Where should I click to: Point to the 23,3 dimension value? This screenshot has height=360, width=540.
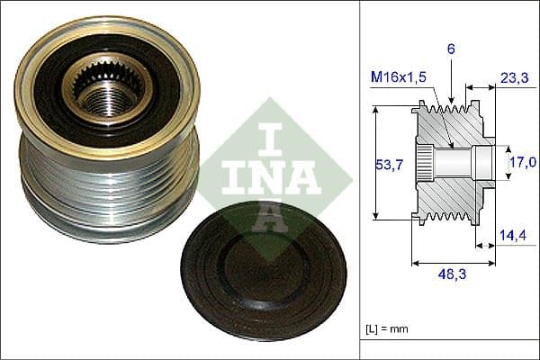click(513, 79)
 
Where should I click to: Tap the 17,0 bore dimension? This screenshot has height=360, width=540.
click(522, 162)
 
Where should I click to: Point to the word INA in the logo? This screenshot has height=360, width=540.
click(260, 176)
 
